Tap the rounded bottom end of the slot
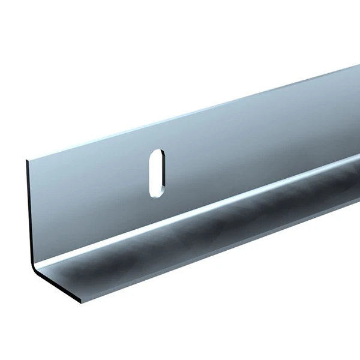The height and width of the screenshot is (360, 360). (155, 194)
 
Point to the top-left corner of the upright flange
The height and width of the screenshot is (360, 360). (27, 160)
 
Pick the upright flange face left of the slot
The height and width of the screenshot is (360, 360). (90, 192)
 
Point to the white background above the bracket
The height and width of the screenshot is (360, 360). (120, 60)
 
